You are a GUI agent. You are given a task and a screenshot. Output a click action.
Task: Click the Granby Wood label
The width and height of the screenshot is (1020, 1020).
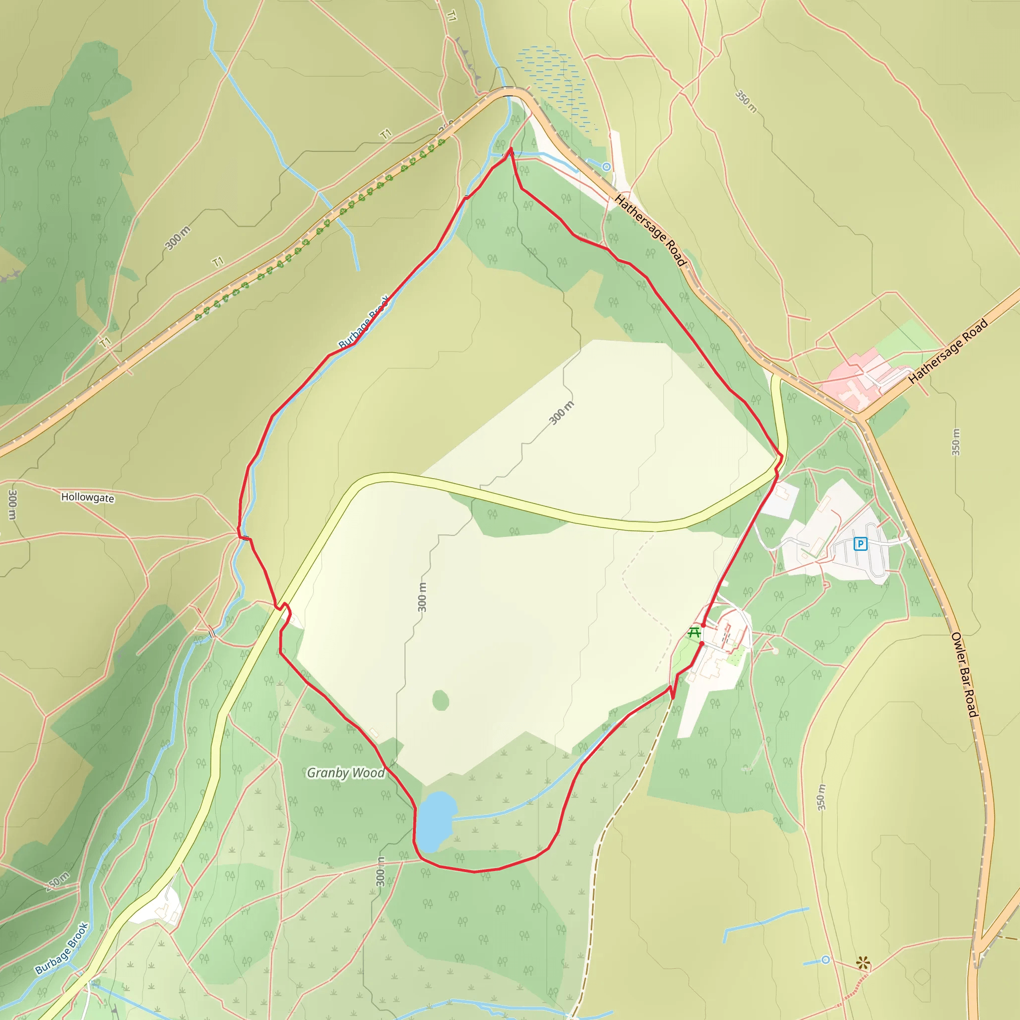[346, 773]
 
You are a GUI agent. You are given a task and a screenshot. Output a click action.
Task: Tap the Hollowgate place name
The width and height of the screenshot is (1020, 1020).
[88, 498]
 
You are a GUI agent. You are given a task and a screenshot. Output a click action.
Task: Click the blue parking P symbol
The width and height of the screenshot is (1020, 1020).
[861, 543]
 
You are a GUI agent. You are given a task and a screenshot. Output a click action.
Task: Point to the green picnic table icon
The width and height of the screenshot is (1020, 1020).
[695, 632]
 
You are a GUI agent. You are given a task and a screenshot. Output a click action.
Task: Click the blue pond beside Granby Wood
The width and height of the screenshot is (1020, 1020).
[436, 821]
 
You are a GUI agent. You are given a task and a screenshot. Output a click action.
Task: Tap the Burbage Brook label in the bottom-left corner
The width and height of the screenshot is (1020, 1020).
[62, 948]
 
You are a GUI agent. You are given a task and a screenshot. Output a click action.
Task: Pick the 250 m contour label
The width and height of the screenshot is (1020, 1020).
[57, 881]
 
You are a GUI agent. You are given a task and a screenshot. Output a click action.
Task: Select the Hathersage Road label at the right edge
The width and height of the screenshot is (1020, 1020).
[948, 351]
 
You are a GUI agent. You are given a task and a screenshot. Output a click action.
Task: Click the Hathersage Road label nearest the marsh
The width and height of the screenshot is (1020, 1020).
[650, 230]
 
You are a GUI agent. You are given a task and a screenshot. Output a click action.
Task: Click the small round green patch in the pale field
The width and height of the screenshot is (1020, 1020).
[441, 701]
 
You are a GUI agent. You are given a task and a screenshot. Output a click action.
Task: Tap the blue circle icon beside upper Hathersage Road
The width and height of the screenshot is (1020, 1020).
[607, 167]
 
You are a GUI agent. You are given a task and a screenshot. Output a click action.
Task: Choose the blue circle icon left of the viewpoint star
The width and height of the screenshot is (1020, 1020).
[825, 959]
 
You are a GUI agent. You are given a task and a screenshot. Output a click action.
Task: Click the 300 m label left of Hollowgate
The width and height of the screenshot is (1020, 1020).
[12, 505]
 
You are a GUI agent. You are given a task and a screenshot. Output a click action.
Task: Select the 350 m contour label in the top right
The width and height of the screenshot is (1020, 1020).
[746, 102]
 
